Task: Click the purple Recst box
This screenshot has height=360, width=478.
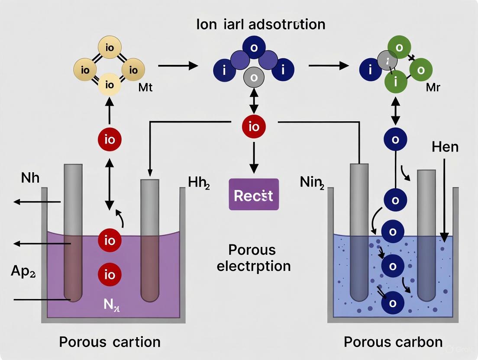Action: (x=254, y=195)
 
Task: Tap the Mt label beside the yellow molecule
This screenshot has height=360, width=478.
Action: (x=145, y=88)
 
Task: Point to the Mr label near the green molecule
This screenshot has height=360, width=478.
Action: (x=433, y=87)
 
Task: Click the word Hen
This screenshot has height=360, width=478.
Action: (x=445, y=147)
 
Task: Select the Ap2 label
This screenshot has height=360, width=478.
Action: (x=22, y=272)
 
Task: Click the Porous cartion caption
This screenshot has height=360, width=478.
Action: (x=110, y=342)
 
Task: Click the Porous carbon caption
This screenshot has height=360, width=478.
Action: (x=393, y=342)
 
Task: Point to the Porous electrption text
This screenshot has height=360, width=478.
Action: (x=253, y=258)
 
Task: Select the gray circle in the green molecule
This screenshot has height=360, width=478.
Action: (x=387, y=60)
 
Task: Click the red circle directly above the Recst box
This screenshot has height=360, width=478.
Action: (x=254, y=127)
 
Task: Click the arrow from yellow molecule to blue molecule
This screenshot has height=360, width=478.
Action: (x=178, y=66)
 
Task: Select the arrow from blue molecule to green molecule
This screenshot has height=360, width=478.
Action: (x=328, y=66)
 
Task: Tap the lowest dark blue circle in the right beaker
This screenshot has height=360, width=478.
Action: (x=393, y=303)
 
